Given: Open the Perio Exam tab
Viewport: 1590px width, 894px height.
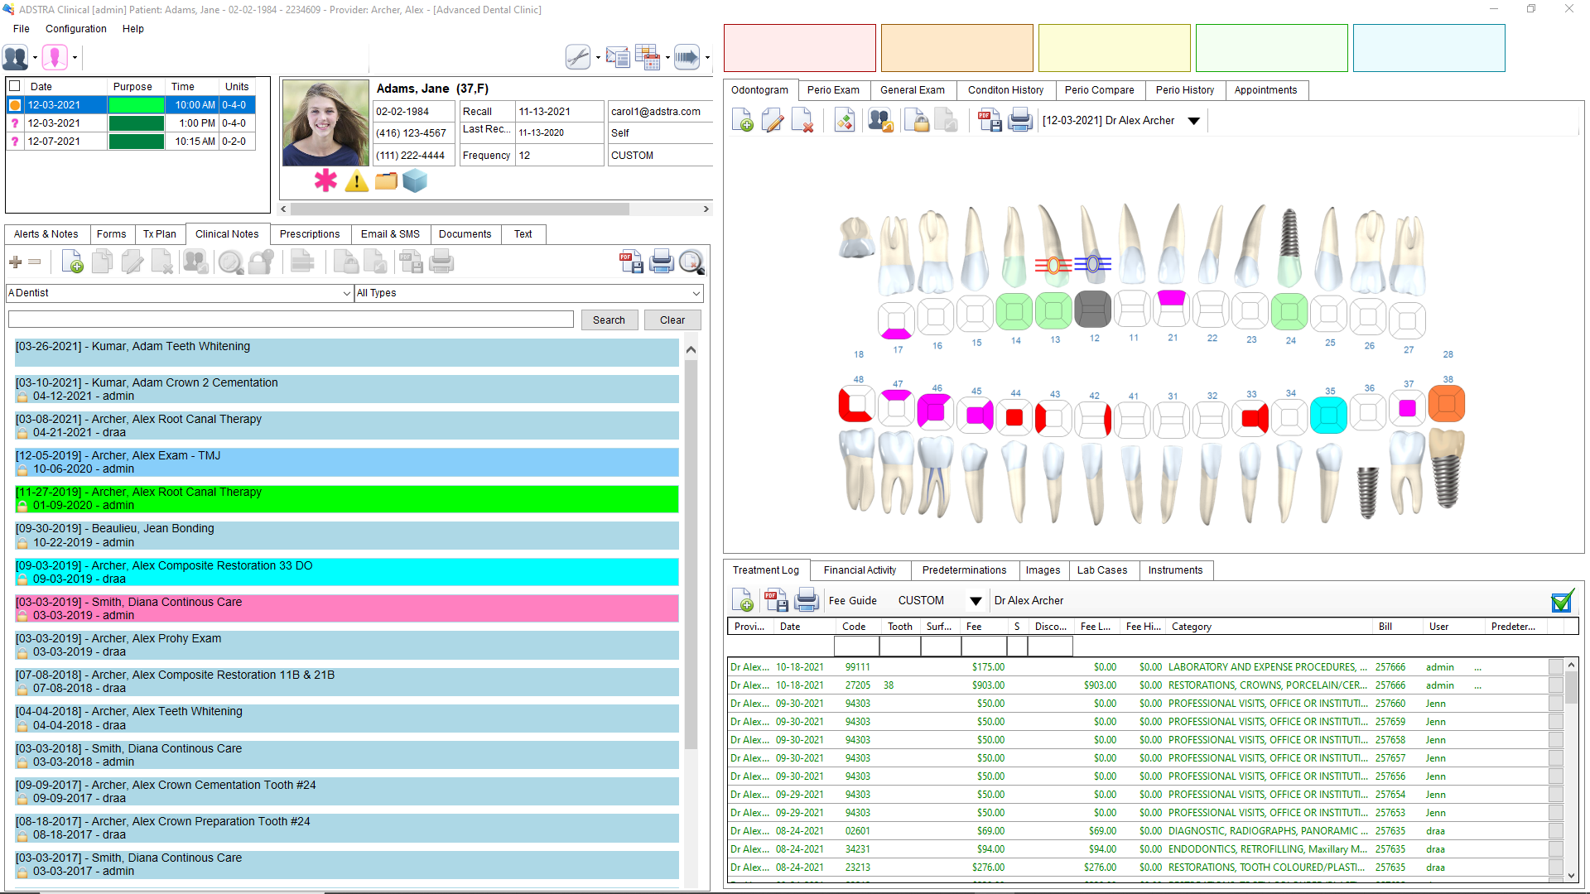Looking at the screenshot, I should pyautogui.click(x=833, y=90).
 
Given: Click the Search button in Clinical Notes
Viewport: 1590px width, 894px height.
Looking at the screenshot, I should pyautogui.click(x=609, y=320).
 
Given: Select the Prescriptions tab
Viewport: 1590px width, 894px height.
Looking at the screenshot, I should pyautogui.click(x=309, y=234).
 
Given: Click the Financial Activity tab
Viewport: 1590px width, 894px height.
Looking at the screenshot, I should pyautogui.click(x=860, y=570).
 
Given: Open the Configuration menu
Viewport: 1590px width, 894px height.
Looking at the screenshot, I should pyautogui.click(x=75, y=29).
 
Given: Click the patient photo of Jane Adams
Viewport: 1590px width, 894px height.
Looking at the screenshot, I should pyautogui.click(x=325, y=123).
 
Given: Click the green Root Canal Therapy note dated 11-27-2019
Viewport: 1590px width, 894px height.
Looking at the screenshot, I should pyautogui.click(x=346, y=498).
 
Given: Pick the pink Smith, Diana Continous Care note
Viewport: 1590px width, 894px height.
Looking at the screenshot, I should pyautogui.click(x=346, y=608).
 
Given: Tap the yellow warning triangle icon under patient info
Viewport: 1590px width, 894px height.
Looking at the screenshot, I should pyautogui.click(x=356, y=181).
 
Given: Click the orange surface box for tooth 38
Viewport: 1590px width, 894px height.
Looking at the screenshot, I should pyautogui.click(x=1447, y=405).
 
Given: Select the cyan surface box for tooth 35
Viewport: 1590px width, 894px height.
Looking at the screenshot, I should pyautogui.click(x=1328, y=415).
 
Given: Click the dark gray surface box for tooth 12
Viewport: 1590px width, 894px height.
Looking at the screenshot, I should pyautogui.click(x=1092, y=310).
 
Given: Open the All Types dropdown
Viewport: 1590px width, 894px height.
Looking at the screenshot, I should pyautogui.click(x=529, y=293).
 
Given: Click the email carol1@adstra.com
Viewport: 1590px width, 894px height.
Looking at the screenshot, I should pyautogui.click(x=655, y=112).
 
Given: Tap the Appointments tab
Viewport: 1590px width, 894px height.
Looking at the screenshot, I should pyautogui.click(x=1265, y=90).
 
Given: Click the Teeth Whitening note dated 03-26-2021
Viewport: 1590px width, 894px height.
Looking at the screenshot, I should pyautogui.click(x=346, y=353).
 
